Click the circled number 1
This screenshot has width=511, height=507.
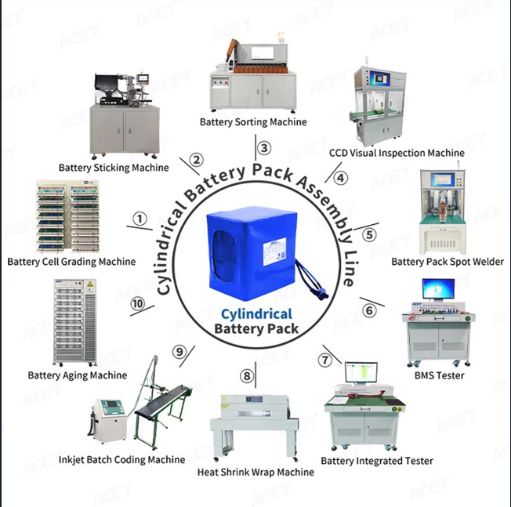click(x=140, y=219)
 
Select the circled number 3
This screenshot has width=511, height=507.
click(x=265, y=147)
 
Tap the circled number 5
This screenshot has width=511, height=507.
click(x=369, y=234)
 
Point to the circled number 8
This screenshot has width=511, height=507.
click(x=248, y=377)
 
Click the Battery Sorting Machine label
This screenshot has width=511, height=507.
click(x=253, y=122)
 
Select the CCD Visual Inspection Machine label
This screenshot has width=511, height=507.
click(x=397, y=153)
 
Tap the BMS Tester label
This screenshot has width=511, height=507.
click(x=439, y=375)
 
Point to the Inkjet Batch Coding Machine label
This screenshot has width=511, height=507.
click(x=121, y=459)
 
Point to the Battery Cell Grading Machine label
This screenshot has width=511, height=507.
click(x=71, y=262)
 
